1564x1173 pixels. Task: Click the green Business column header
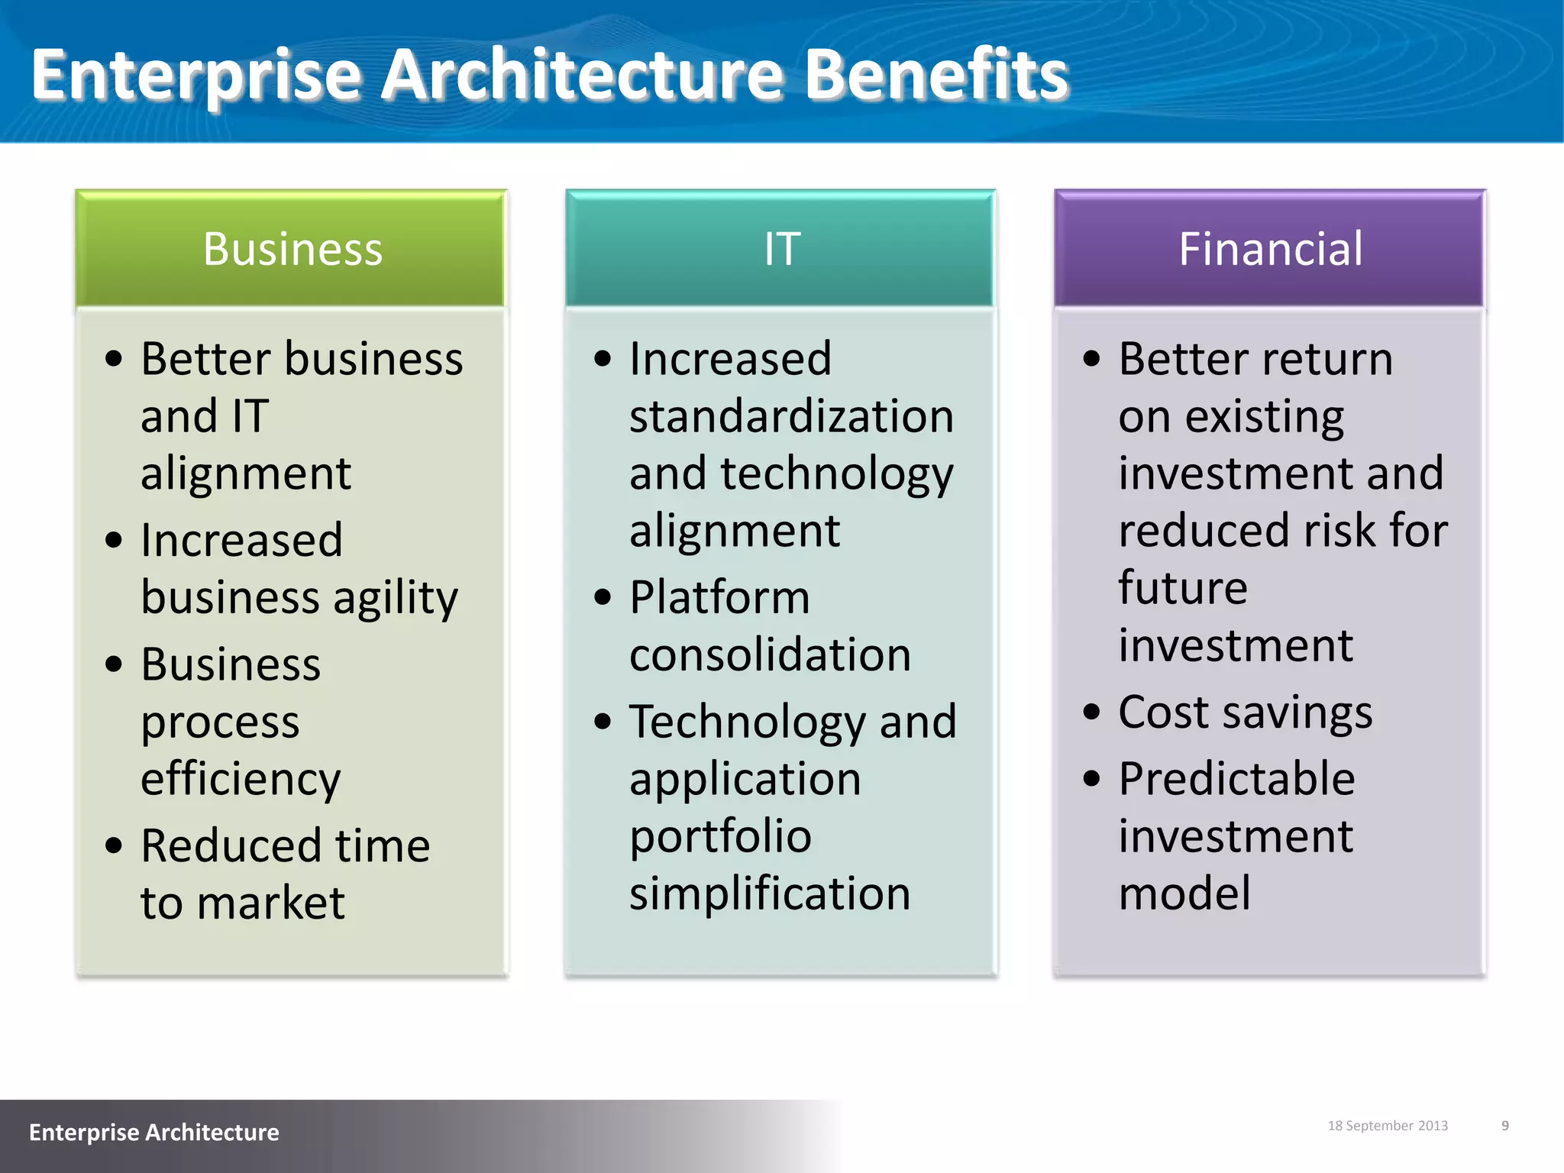click(x=291, y=249)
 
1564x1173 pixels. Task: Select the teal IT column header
click(x=781, y=249)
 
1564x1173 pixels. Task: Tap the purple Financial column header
click(x=1270, y=249)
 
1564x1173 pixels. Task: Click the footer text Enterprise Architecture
click(x=153, y=1132)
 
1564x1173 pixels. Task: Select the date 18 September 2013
click(x=1388, y=1126)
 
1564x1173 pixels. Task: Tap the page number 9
click(x=1505, y=1126)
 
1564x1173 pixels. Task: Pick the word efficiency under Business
click(x=241, y=779)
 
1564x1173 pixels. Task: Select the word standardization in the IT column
click(x=791, y=417)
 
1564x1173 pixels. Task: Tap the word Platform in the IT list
click(x=719, y=597)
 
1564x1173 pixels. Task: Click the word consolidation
click(x=770, y=655)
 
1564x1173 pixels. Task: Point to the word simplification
click(x=770, y=893)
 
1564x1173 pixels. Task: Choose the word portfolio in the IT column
click(x=720, y=837)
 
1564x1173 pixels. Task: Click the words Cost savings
click(x=1245, y=713)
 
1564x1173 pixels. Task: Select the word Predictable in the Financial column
click(x=1236, y=779)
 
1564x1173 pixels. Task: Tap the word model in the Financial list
click(x=1184, y=893)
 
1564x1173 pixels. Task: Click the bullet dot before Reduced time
click(x=114, y=845)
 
